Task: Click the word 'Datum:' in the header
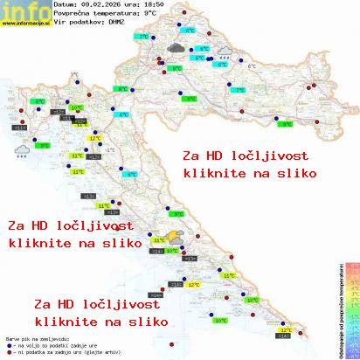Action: pyautogui.click(x=64, y=4)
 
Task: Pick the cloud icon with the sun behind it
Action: pyautogui.click(x=176, y=235)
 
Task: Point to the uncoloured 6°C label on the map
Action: pyautogui.click(x=253, y=66)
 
